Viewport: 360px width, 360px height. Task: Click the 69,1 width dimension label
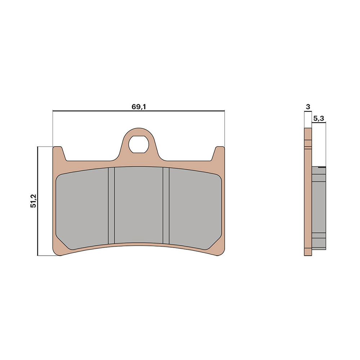point(139,107)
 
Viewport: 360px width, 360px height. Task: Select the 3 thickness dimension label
point(308,107)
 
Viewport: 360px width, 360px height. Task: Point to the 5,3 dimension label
point(319,118)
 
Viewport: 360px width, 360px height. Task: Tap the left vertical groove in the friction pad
point(111,206)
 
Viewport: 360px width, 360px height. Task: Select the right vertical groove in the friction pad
point(166,206)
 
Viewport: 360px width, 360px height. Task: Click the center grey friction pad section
point(139,205)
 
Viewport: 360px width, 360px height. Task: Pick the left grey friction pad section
point(82,208)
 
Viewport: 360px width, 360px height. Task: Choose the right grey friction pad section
point(195,208)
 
